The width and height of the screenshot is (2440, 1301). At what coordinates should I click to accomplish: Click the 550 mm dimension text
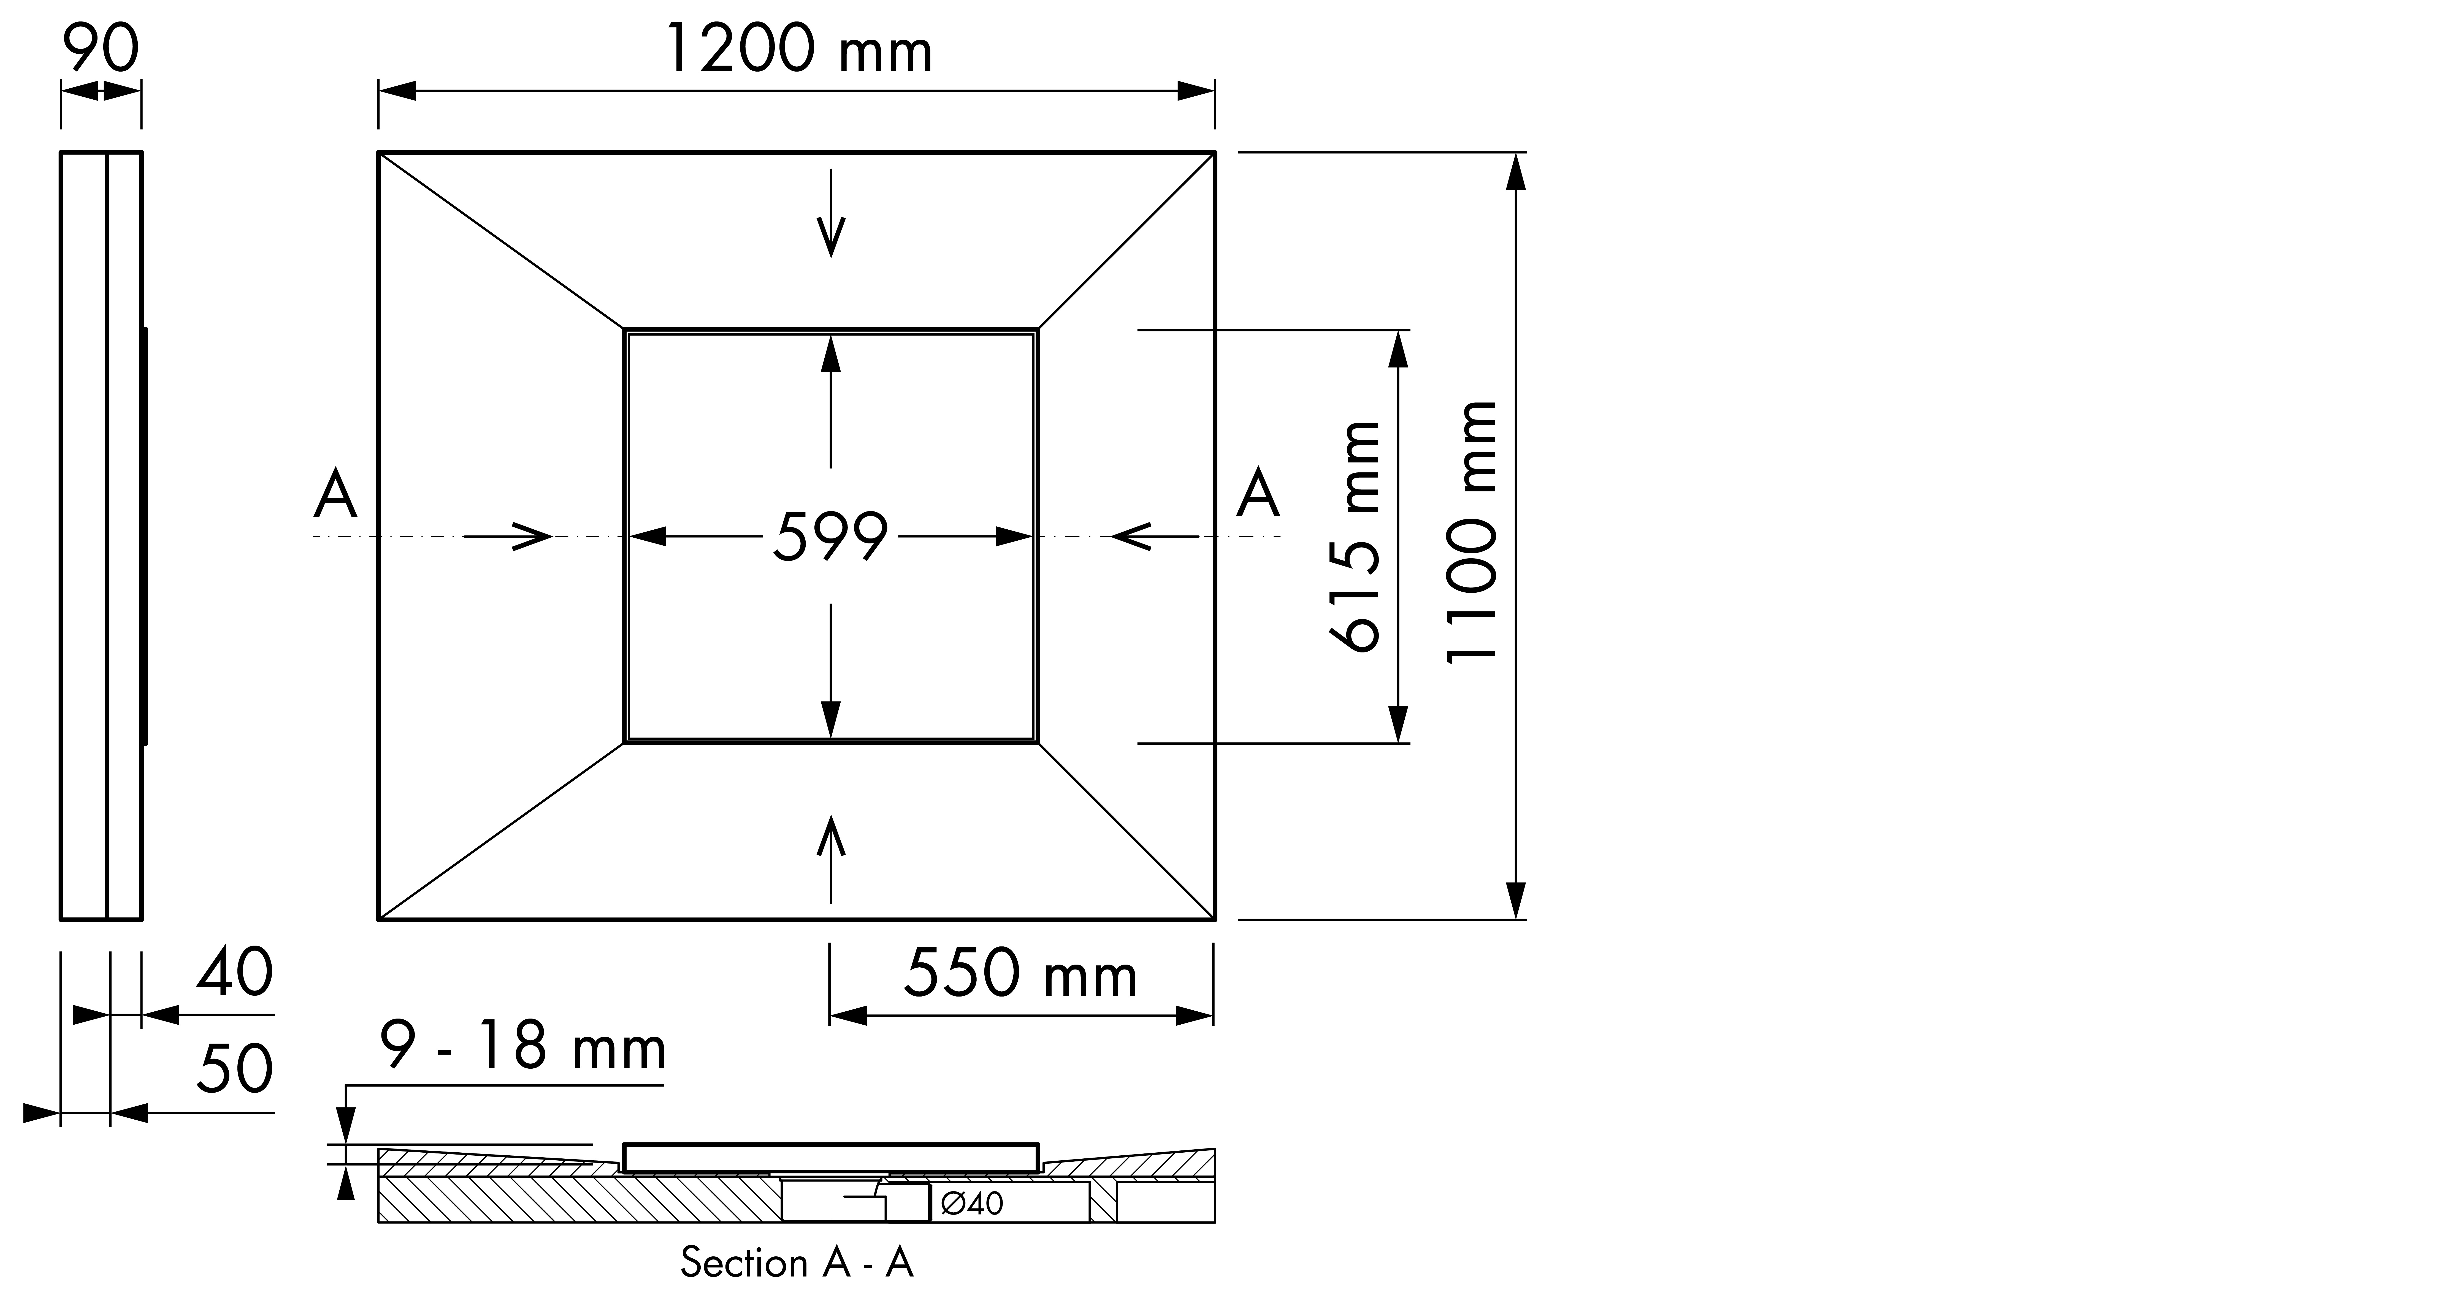click(x=1020, y=974)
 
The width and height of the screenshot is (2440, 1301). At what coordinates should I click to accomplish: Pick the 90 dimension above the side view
click(x=101, y=49)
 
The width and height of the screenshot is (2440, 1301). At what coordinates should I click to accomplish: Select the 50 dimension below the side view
click(x=235, y=1069)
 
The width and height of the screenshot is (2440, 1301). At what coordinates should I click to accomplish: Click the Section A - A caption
click(x=797, y=1263)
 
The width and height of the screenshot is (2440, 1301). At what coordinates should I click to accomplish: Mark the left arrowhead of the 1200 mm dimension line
click(x=398, y=91)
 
